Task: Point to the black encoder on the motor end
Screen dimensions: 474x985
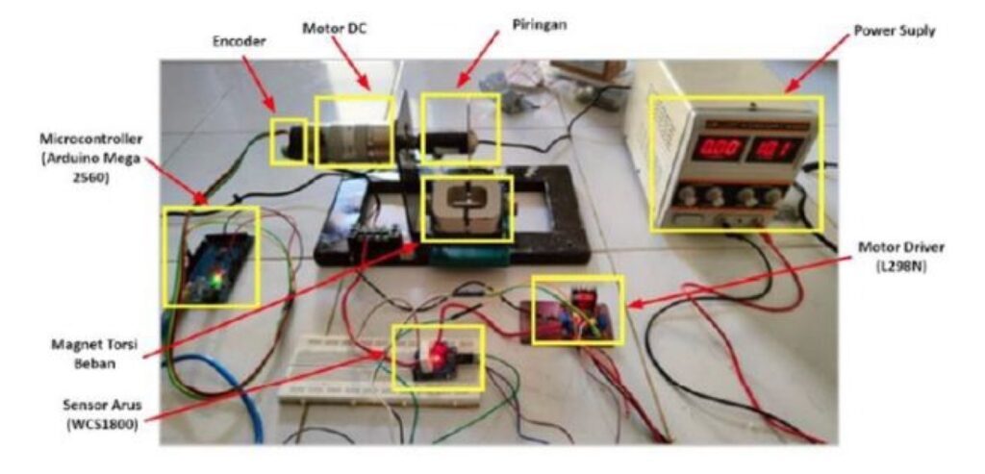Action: coord(290,142)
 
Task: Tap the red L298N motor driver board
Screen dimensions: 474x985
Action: coord(575,312)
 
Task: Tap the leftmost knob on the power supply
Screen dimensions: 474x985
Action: coord(686,197)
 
